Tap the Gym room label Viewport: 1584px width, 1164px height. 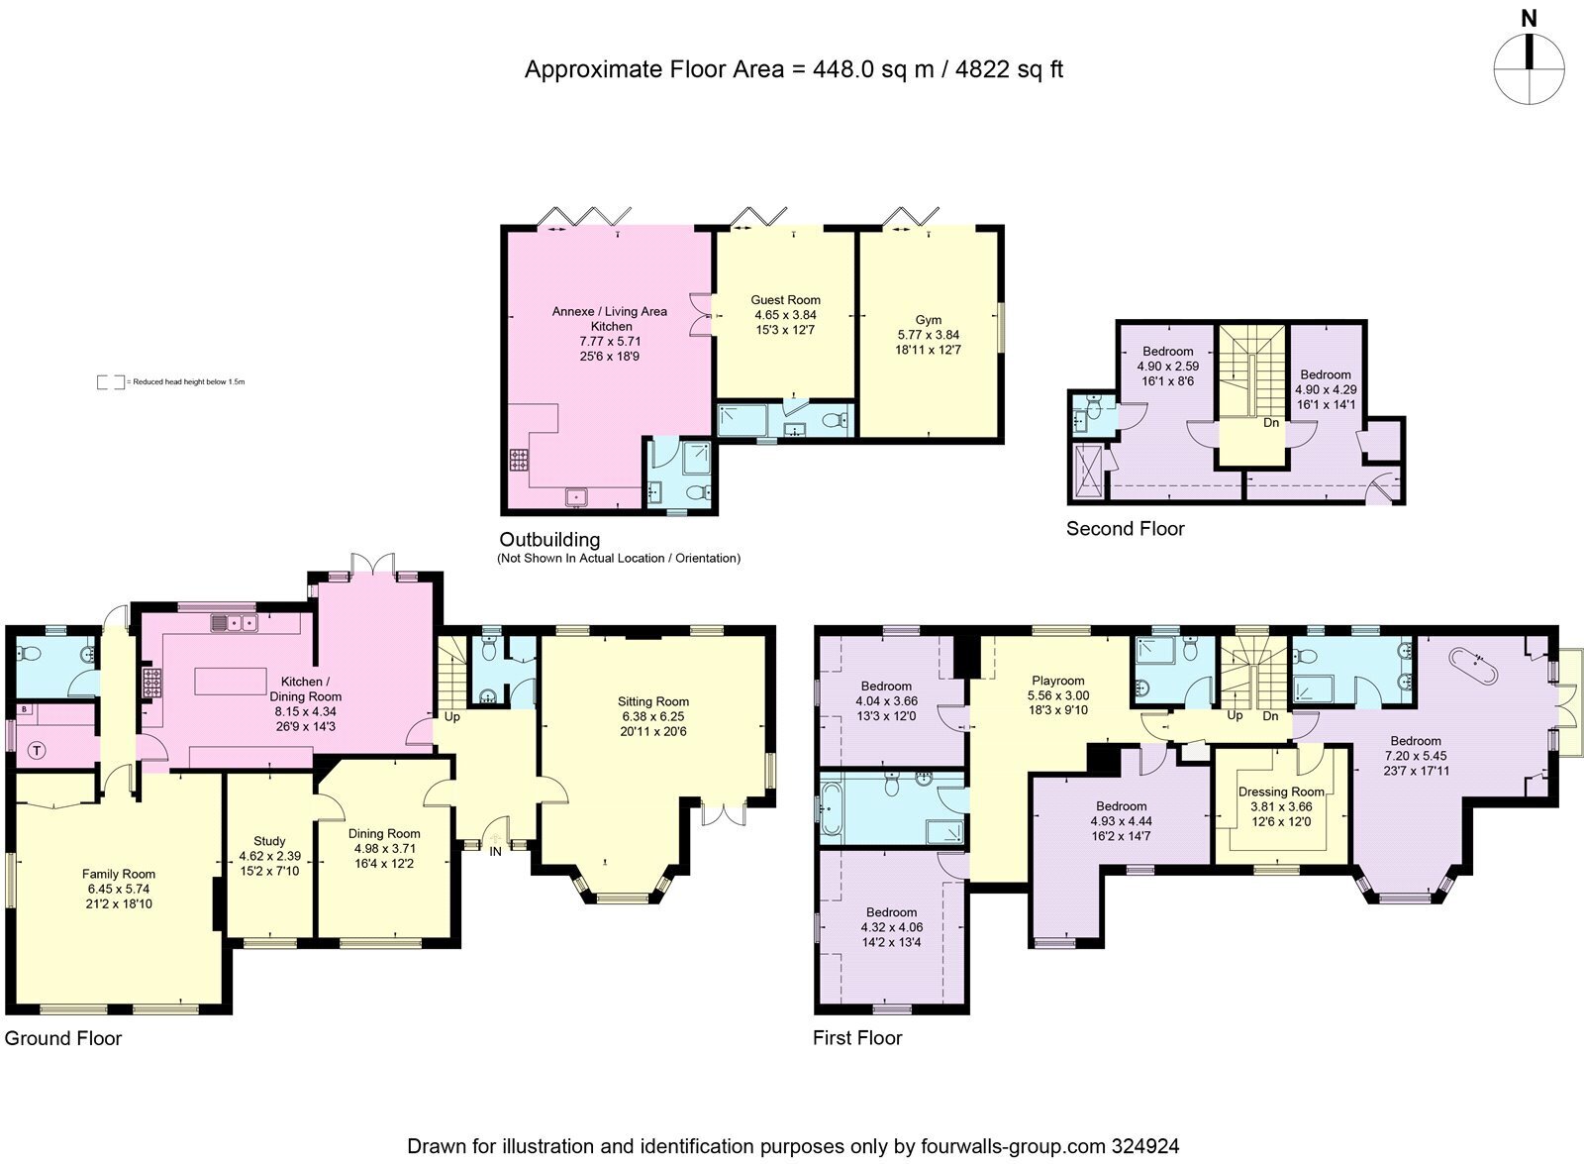click(x=928, y=320)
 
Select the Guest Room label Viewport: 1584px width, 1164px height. click(x=785, y=300)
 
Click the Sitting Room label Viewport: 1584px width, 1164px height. click(x=652, y=701)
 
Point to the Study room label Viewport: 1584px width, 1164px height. click(x=269, y=841)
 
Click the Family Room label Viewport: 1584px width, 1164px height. click(x=118, y=874)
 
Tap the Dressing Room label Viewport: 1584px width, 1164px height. click(x=1281, y=792)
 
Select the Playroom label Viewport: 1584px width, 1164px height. click(x=1058, y=681)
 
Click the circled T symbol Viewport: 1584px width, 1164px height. click(x=37, y=750)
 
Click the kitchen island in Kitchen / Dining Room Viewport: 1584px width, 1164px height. click(x=231, y=682)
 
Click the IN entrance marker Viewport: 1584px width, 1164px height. click(x=495, y=850)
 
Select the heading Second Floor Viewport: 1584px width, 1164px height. click(x=1125, y=529)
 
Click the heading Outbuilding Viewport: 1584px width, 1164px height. click(x=549, y=540)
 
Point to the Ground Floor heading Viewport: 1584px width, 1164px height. click(x=63, y=1038)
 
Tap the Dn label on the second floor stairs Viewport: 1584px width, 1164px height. click(x=1271, y=423)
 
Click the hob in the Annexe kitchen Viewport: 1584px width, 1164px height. click(x=519, y=461)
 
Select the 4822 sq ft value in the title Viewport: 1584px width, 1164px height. click(x=1006, y=69)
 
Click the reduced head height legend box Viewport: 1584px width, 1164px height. click(x=110, y=381)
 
